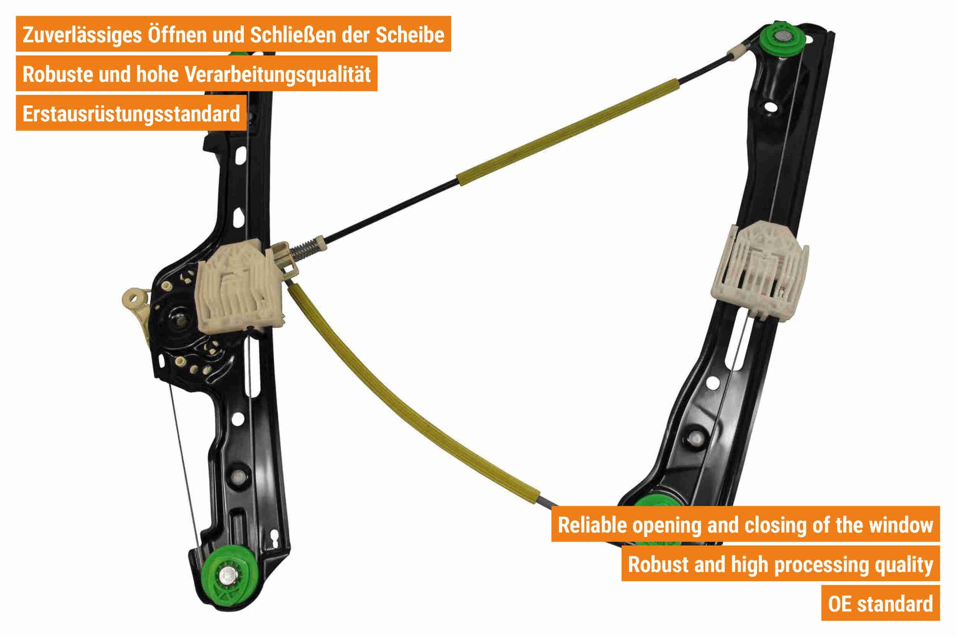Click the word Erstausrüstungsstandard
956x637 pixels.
click(131, 114)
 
